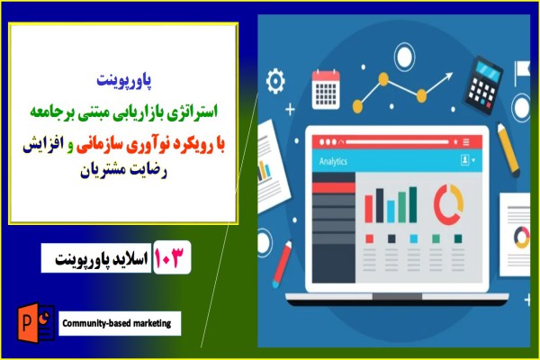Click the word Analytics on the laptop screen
click(334, 161)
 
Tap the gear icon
click(276, 80)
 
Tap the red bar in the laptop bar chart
click(368, 206)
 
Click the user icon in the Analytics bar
click(465, 160)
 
